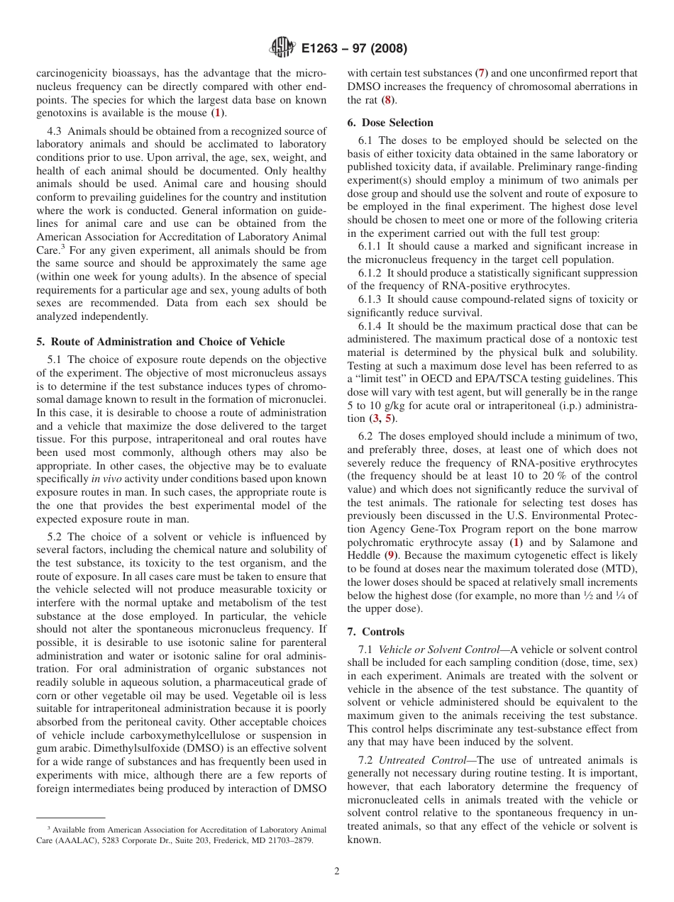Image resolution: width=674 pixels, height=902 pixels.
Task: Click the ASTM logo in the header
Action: pyautogui.click(x=282, y=49)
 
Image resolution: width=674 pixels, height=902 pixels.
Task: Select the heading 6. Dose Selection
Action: pyautogui.click(x=390, y=123)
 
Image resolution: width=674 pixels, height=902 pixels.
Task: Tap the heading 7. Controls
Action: pyautogui.click(x=376, y=632)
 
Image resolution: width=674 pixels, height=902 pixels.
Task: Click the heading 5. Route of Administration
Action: pyautogui.click(x=160, y=342)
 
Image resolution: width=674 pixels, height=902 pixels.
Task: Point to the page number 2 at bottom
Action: pyautogui.click(x=337, y=872)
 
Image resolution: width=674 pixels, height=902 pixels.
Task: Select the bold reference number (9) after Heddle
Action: pyautogui.click(x=390, y=556)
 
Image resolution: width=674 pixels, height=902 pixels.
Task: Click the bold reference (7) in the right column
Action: pyautogui.click(x=481, y=73)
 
